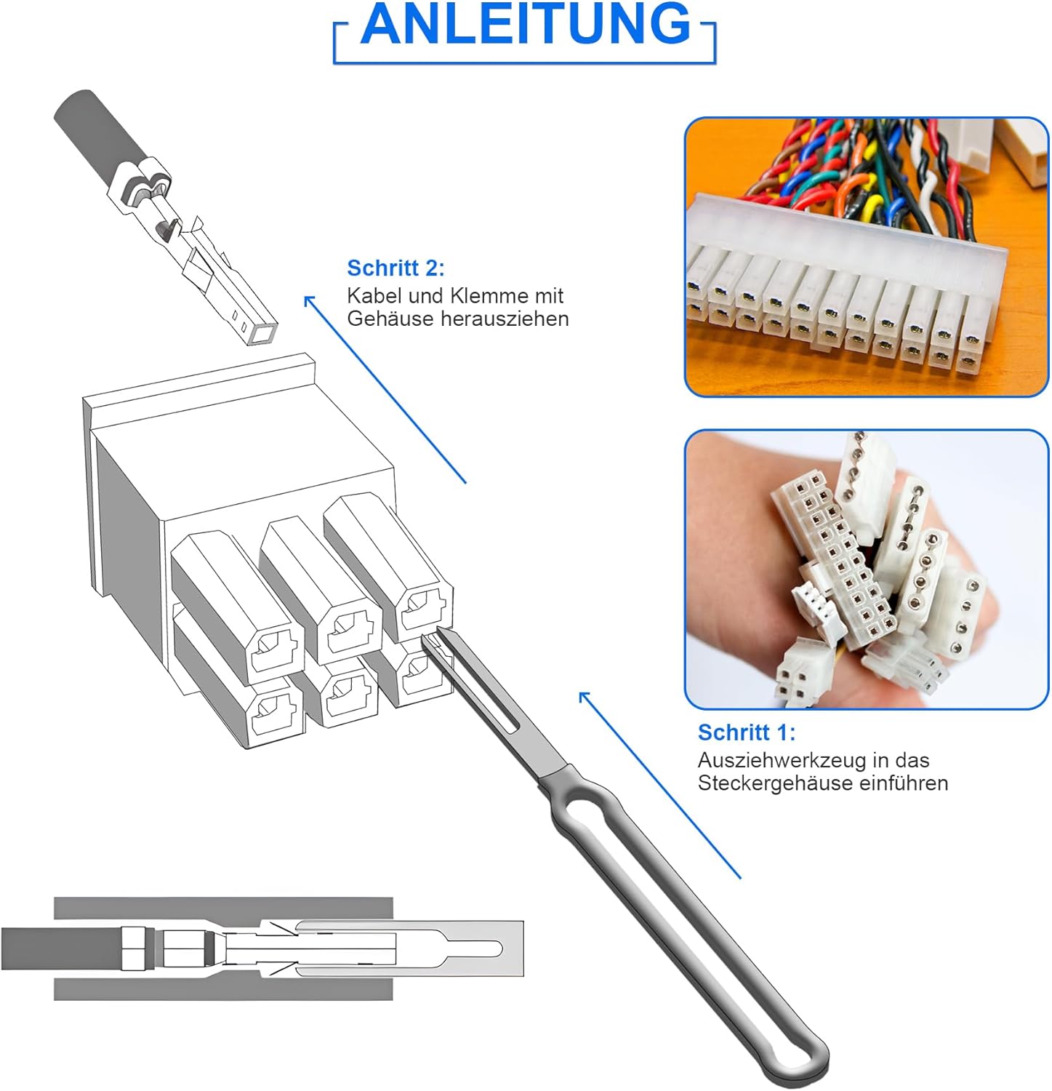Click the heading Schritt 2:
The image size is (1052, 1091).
click(x=395, y=268)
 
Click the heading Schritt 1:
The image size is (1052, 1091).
click(x=747, y=732)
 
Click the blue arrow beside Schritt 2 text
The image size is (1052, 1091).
click(x=385, y=388)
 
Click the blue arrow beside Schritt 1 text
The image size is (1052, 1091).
click(x=659, y=785)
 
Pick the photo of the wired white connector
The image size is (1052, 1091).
click(x=866, y=257)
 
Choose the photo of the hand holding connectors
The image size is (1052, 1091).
click(x=866, y=570)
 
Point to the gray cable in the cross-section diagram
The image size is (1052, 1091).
click(x=62, y=948)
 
